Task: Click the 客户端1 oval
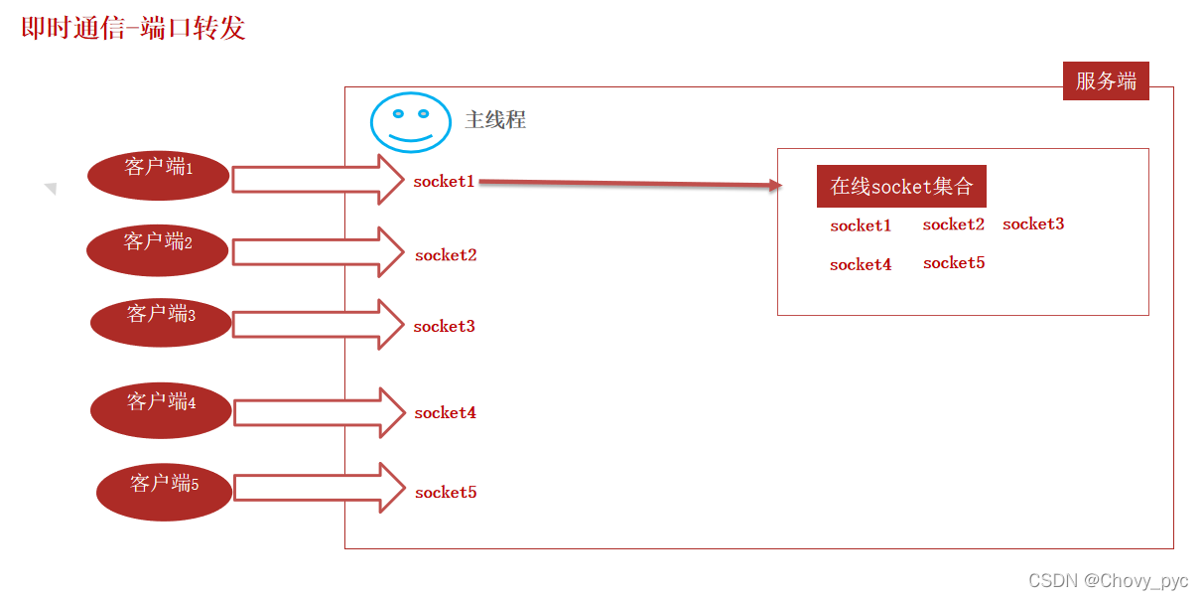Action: point(159,176)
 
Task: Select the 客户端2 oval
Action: point(158,249)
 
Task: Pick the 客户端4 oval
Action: point(161,409)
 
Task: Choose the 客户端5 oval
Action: point(164,491)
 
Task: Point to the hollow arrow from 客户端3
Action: point(318,324)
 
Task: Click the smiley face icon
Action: point(411,122)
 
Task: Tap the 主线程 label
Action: point(495,120)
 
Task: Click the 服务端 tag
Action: point(1106,81)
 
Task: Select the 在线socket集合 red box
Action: point(901,186)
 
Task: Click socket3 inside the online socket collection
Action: point(1033,225)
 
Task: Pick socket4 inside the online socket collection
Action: point(861,264)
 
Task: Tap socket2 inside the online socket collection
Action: point(953,225)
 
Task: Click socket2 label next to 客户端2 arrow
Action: point(446,255)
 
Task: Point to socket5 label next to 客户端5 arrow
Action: point(446,492)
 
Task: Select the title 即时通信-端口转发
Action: point(134,28)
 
